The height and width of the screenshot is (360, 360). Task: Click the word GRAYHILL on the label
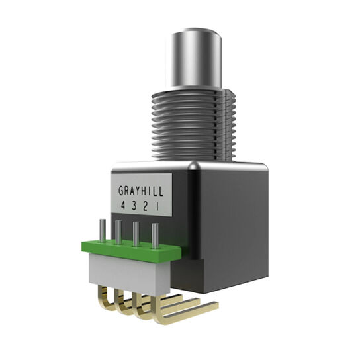140,190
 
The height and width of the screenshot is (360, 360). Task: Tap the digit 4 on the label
123,206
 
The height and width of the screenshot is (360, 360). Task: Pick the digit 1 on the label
157,206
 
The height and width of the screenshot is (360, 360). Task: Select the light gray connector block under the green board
126,271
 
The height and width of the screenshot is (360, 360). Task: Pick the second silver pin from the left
119,231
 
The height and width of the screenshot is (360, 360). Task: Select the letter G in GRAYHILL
122,190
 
